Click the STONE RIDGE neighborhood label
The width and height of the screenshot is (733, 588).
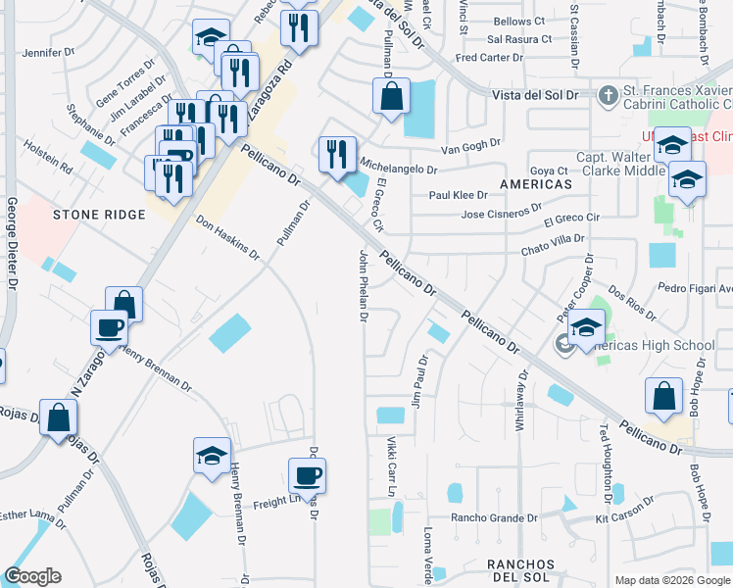tap(92, 214)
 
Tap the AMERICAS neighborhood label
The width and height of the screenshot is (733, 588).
tap(535, 184)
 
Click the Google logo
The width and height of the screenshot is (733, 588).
tap(32, 576)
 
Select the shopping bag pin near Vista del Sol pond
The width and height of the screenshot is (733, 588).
tap(391, 97)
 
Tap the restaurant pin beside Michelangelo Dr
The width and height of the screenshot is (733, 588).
tap(337, 153)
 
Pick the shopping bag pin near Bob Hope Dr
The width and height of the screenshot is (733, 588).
tap(663, 397)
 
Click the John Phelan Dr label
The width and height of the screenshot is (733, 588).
tap(363, 286)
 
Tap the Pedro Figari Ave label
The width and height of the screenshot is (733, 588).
tap(697, 288)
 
